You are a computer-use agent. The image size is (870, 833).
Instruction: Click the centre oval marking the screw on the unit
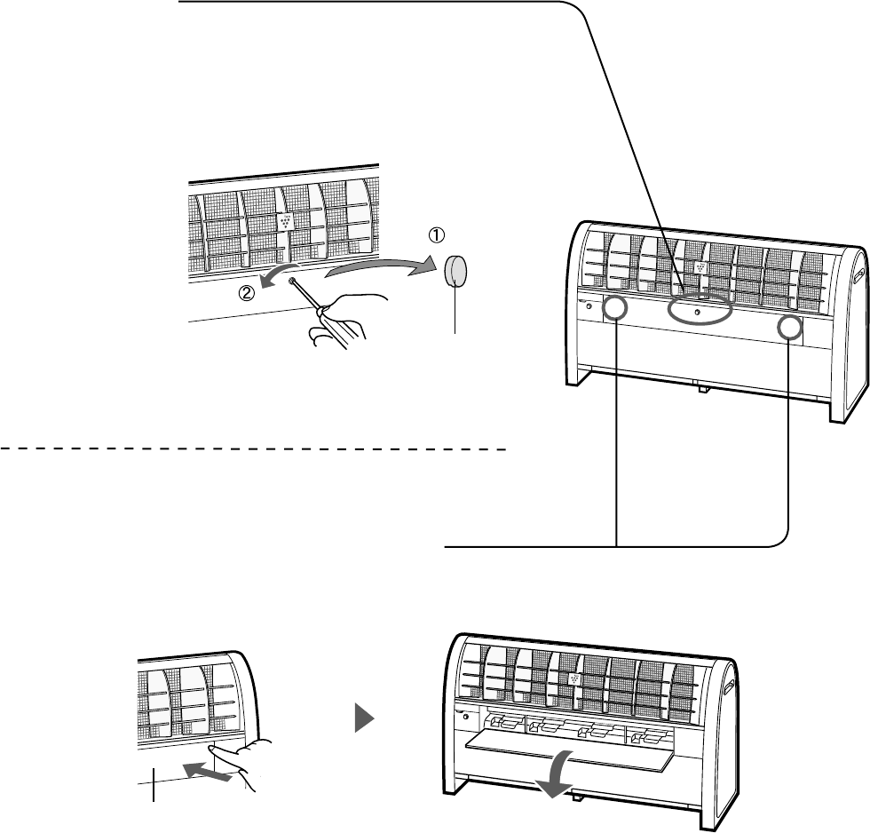(x=699, y=313)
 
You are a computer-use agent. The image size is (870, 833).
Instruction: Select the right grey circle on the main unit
(x=789, y=329)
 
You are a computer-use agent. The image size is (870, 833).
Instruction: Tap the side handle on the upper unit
(x=857, y=265)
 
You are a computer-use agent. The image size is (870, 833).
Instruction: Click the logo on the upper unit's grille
(x=701, y=266)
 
